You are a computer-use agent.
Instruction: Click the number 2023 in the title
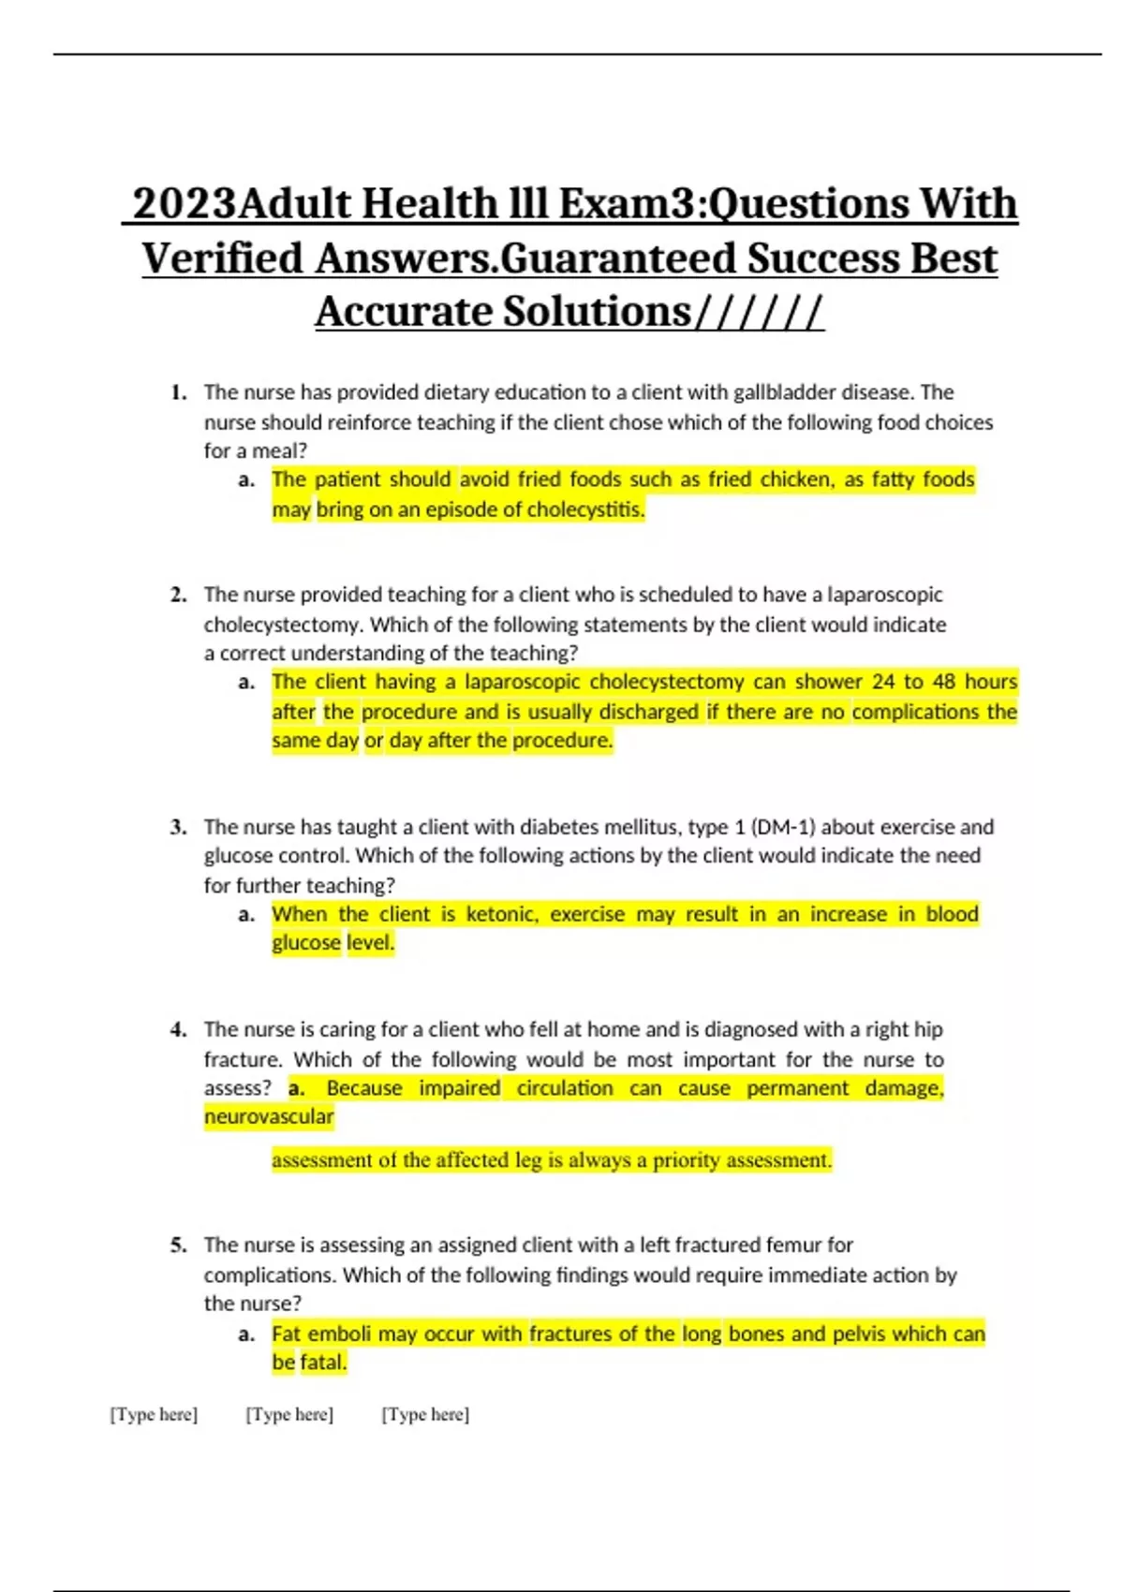[x=185, y=204]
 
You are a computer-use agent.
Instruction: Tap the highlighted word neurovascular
[x=269, y=1116]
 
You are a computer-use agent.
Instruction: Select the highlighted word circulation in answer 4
[x=565, y=1088]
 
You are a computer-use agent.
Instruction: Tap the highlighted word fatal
[x=323, y=1363]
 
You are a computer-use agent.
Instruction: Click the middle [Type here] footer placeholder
[x=289, y=1414]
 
